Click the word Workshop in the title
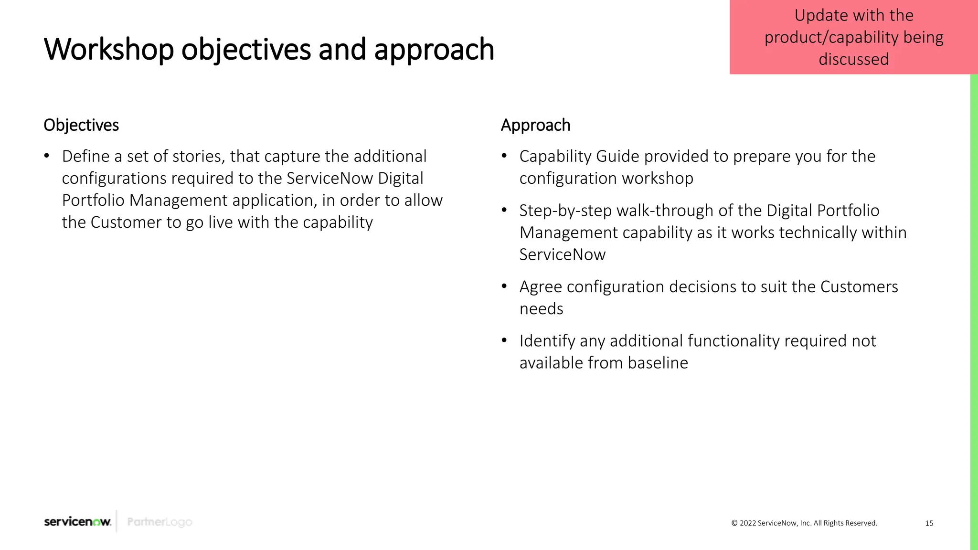pyautogui.click(x=109, y=50)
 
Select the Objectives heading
pyautogui.click(x=81, y=125)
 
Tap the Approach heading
pyautogui.click(x=535, y=125)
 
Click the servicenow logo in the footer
pyautogui.click(x=77, y=521)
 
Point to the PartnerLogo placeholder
pyautogui.click(x=159, y=522)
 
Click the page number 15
pyautogui.click(x=929, y=523)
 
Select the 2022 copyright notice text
pyautogui.click(x=804, y=523)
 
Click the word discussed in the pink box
pyautogui.click(x=853, y=60)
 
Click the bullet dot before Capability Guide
pyautogui.click(x=504, y=156)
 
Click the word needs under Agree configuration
pyautogui.click(x=541, y=309)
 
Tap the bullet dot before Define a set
pyautogui.click(x=47, y=156)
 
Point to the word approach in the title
pyautogui.click(x=434, y=50)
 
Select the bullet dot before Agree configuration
pyautogui.click(x=504, y=286)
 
